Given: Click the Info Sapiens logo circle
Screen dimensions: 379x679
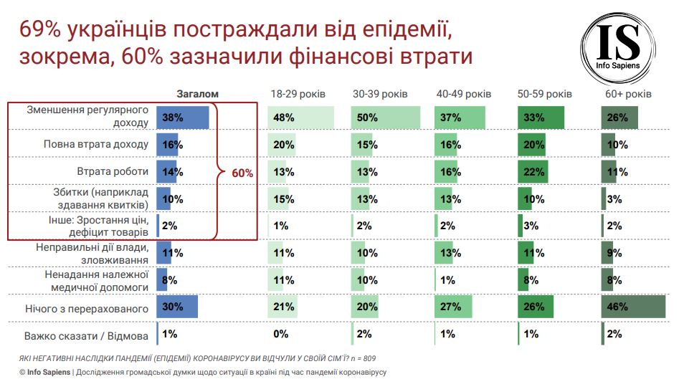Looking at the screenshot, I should [618, 42].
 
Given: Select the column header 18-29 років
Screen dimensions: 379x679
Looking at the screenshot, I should [298, 95].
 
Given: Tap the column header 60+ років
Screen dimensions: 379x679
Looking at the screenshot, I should [628, 95].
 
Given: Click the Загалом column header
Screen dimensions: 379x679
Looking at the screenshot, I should [197, 95].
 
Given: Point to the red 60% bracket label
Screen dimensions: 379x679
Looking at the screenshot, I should [242, 173].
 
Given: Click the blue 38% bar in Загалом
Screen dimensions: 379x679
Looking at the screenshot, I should [183, 117].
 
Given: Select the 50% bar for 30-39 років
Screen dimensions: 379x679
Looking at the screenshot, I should [380, 117].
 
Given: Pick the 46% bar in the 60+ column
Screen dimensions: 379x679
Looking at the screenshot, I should [633, 307].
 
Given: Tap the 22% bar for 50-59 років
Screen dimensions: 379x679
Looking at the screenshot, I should [532, 172].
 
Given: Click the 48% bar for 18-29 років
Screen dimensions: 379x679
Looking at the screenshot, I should [301, 117].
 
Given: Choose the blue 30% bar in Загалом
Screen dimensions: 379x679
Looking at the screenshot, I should [177, 307].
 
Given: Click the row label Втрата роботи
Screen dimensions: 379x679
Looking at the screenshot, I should [113, 172].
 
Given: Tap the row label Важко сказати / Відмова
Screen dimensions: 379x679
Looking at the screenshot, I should [85, 335].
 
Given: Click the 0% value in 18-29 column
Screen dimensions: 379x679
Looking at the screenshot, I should [280, 334].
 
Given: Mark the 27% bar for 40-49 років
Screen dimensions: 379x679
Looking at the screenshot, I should [453, 307].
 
